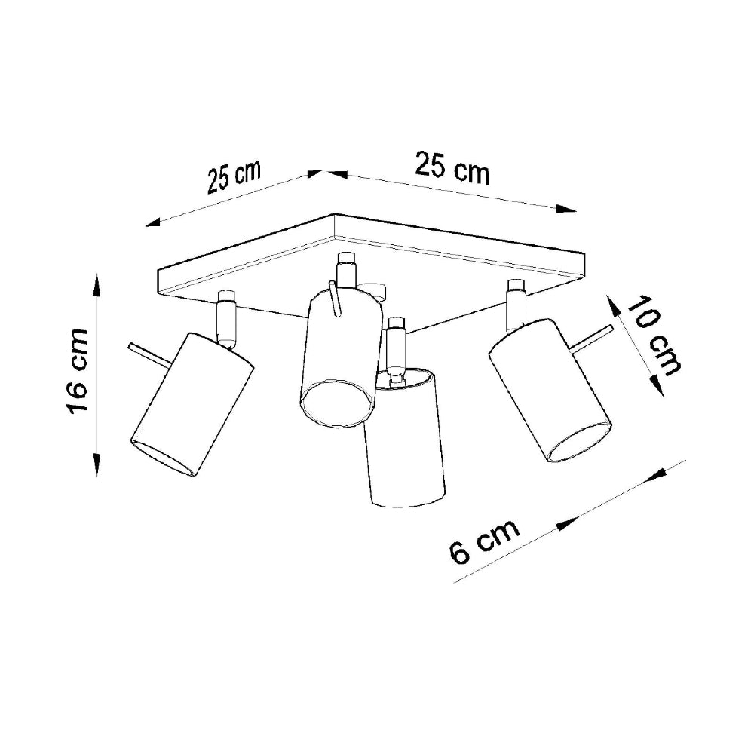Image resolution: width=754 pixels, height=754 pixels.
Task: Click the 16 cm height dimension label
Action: pos(78,371)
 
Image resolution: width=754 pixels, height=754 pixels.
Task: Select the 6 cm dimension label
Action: pos(485,541)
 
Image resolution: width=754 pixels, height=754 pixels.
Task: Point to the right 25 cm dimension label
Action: pos(453,167)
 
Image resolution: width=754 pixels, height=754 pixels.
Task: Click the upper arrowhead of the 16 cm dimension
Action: pos(97,286)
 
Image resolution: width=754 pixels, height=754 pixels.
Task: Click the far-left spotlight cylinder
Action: pos(192,405)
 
